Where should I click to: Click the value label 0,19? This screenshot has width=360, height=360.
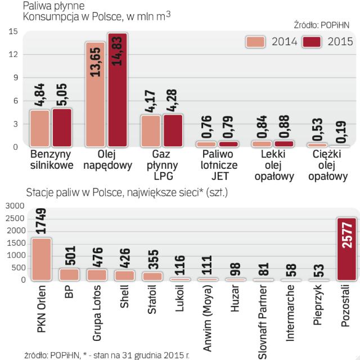(x=343, y=129)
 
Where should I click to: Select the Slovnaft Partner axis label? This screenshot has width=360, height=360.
(x=263, y=321)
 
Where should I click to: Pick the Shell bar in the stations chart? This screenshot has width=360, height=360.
(x=125, y=275)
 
